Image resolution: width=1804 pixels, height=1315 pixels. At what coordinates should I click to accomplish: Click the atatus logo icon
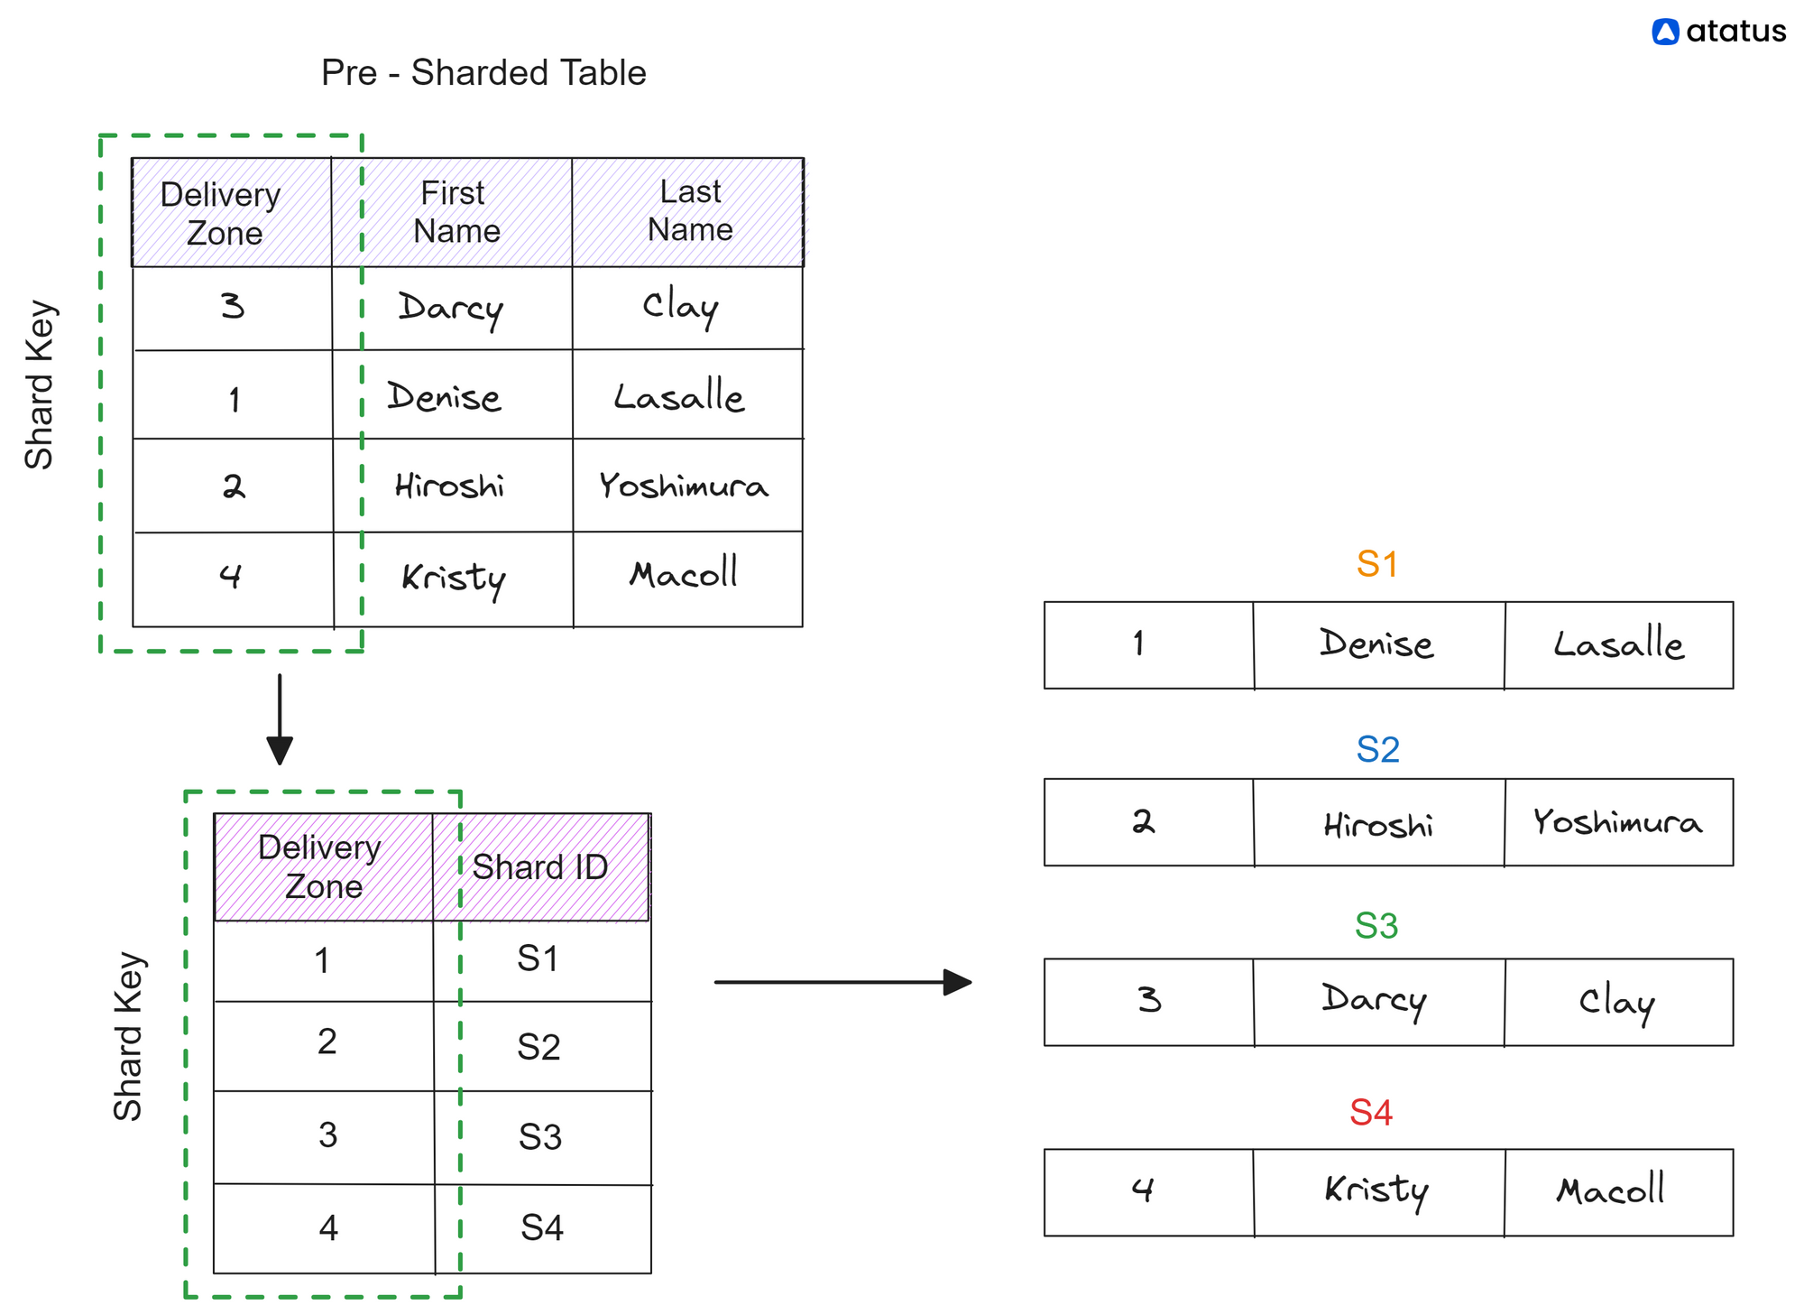(x=1665, y=32)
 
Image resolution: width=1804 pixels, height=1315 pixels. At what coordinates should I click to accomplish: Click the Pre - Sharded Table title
(x=483, y=73)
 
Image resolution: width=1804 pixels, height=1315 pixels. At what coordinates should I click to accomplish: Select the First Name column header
(x=456, y=212)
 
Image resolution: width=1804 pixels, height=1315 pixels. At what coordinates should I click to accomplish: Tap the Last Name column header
(x=690, y=210)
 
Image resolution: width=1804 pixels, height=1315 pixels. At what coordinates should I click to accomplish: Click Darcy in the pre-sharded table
(x=450, y=309)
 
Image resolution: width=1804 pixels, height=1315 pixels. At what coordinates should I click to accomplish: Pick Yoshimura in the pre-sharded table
(x=684, y=486)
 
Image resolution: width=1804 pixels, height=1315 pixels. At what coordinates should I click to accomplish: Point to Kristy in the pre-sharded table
(x=454, y=579)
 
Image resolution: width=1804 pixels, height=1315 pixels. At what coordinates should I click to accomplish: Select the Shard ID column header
(x=540, y=867)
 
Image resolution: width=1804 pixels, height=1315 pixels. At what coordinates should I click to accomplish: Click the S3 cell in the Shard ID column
(x=539, y=1136)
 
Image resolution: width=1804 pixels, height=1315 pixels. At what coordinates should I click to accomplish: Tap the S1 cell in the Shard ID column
(x=538, y=958)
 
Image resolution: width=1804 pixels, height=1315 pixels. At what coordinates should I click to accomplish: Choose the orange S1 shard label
(x=1377, y=564)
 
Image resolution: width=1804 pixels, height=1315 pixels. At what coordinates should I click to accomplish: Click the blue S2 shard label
(x=1377, y=749)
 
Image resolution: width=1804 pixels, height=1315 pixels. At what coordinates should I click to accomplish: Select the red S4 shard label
(x=1371, y=1113)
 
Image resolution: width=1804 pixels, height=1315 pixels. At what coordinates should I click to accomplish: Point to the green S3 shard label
(x=1376, y=926)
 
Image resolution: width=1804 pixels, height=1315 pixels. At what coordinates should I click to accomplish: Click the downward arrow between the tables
(x=280, y=719)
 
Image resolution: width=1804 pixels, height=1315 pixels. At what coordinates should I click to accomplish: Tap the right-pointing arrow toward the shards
(x=843, y=982)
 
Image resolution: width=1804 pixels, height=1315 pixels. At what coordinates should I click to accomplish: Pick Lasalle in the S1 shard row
(x=1619, y=644)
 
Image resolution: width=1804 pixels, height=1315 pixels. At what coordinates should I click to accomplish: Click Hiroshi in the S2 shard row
(x=1378, y=825)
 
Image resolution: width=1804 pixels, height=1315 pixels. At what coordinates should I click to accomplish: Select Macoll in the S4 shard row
(x=1611, y=1190)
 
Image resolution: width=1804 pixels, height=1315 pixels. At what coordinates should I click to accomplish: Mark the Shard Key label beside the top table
(x=40, y=384)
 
